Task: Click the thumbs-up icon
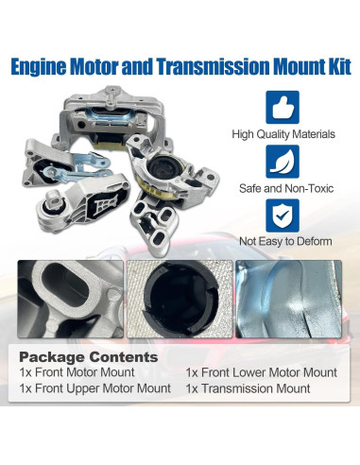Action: tap(283, 107)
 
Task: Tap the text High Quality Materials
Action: tap(283, 134)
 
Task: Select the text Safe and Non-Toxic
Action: tap(283, 188)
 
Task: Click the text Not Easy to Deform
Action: tap(283, 242)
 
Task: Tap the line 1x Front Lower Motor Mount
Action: tap(261, 372)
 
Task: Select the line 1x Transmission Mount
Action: tap(248, 388)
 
